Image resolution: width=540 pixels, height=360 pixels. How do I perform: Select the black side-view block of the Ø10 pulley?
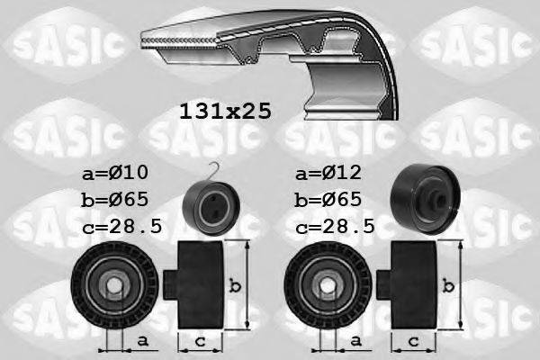tap(200, 286)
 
